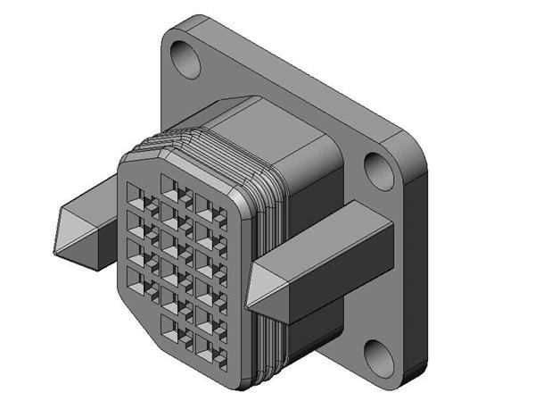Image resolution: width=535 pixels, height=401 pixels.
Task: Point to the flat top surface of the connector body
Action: [267, 125]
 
